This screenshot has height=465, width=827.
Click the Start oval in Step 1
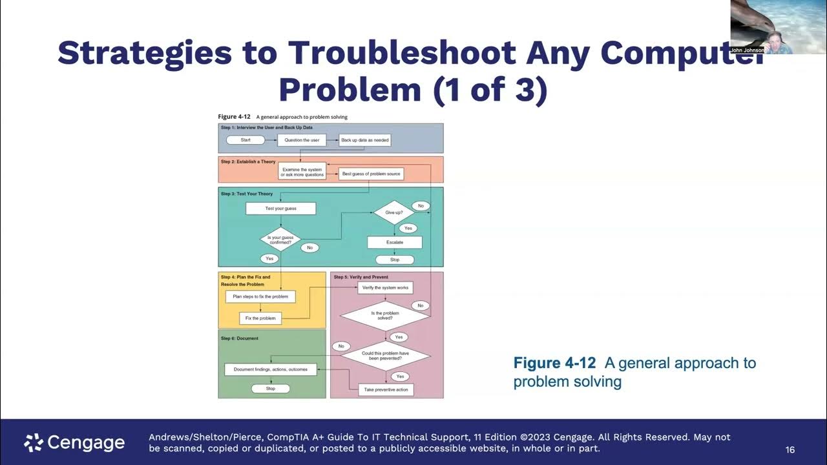(x=246, y=140)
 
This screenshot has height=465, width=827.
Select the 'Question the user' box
(x=302, y=140)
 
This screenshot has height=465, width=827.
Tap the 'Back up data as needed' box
(x=365, y=140)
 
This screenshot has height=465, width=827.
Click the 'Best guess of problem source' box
(x=371, y=174)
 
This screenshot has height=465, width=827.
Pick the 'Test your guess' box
(x=280, y=209)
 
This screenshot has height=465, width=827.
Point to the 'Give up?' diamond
(x=393, y=212)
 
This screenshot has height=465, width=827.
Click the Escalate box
(x=395, y=242)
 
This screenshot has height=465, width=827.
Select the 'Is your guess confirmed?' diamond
(x=280, y=240)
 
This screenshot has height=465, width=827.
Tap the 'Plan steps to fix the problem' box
(x=260, y=296)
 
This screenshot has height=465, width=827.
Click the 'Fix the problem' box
(x=260, y=318)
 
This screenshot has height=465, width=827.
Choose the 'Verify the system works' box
(x=385, y=287)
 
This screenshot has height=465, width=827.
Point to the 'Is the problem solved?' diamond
(x=385, y=316)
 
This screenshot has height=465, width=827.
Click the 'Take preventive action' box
(x=386, y=389)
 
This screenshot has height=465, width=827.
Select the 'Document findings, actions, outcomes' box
(x=271, y=369)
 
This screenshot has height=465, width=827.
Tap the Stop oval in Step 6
(x=271, y=389)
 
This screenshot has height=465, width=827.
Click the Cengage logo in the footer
(x=74, y=442)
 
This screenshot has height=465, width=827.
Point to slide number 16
(x=790, y=449)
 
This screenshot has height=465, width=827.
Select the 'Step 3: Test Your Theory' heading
(x=247, y=194)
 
